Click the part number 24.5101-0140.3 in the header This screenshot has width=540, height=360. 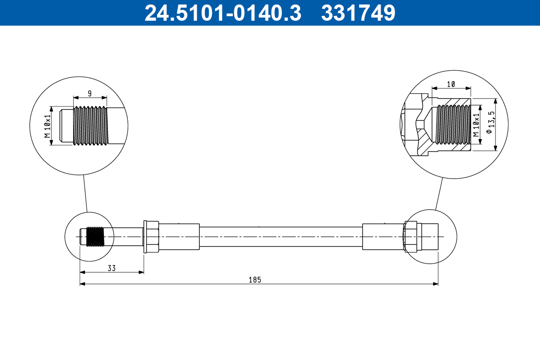click(x=222, y=13)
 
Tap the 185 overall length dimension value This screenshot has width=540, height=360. click(x=255, y=279)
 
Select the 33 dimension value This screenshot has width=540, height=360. click(x=112, y=268)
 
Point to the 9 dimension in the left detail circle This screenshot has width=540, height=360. click(x=90, y=94)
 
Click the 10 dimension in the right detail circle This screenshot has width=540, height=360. click(x=451, y=84)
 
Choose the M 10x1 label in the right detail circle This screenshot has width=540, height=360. click(x=476, y=125)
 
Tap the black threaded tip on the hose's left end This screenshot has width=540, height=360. click(x=94, y=237)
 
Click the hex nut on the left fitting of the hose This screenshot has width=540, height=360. click(x=151, y=237)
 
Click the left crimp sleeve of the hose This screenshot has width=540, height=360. click(x=179, y=237)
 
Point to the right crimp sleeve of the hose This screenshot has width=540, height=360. click(x=383, y=237)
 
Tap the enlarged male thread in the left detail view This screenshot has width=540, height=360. click(x=91, y=126)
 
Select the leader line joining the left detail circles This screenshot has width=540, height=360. click(x=85, y=193)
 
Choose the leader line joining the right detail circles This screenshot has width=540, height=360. click(x=439, y=193)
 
